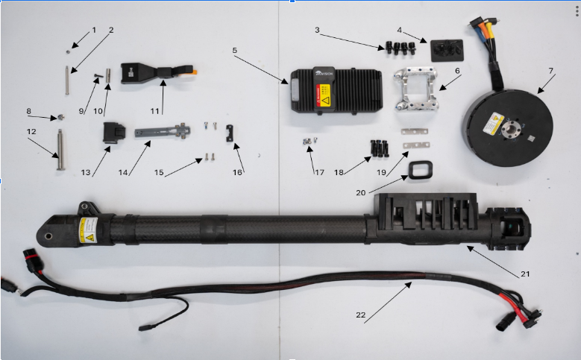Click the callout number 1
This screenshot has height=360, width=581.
pyautogui.click(x=94, y=30)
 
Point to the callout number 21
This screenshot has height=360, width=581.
pyautogui.click(x=525, y=274)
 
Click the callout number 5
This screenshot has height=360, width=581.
pyautogui.click(x=234, y=51)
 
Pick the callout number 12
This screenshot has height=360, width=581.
pyautogui.click(x=31, y=131)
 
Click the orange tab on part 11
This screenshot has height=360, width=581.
pyautogui.click(x=192, y=72)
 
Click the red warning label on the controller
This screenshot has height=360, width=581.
pyautogui.click(x=324, y=93)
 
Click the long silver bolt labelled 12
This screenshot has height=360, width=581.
pyautogui.click(x=58, y=148)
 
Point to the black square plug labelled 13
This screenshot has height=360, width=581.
pyautogui.click(x=114, y=133)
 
